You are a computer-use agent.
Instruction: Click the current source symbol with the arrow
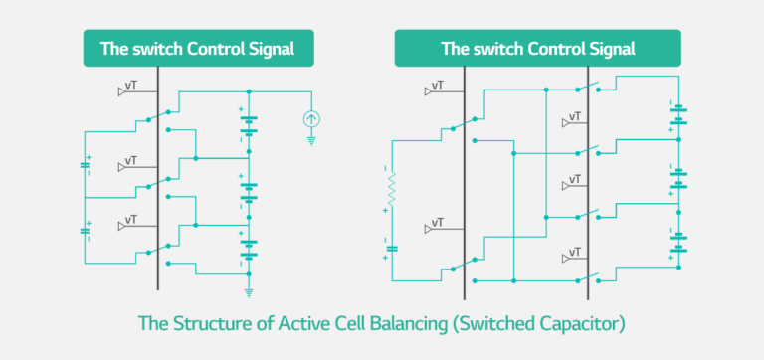pos(311,120)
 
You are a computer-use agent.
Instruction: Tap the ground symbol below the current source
pos(311,141)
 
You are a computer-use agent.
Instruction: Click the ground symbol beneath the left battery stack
pos(249,292)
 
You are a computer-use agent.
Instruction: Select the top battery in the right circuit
pos(679,115)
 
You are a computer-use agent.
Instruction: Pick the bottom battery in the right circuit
pos(679,243)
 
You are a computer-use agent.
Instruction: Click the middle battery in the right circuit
pos(679,179)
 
